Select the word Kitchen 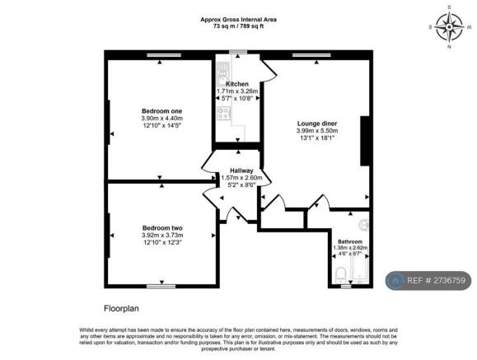tap(237, 84)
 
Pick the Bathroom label tap(350, 241)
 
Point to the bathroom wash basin tap(364, 224)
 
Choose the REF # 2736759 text tap(435, 280)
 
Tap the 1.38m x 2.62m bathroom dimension tap(350, 248)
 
